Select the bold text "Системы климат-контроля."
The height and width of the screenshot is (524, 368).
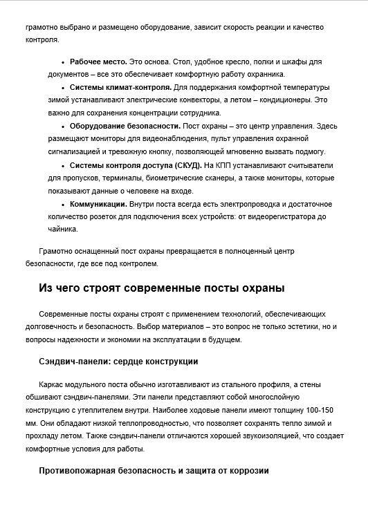[x=120, y=87]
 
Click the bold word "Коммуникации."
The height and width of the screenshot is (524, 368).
[x=98, y=204]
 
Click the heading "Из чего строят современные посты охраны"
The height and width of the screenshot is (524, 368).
[x=162, y=288]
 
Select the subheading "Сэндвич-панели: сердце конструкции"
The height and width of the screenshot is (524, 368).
[x=119, y=361]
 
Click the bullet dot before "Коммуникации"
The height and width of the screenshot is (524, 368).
[x=64, y=205]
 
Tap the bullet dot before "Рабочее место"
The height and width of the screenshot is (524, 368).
[x=64, y=62]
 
